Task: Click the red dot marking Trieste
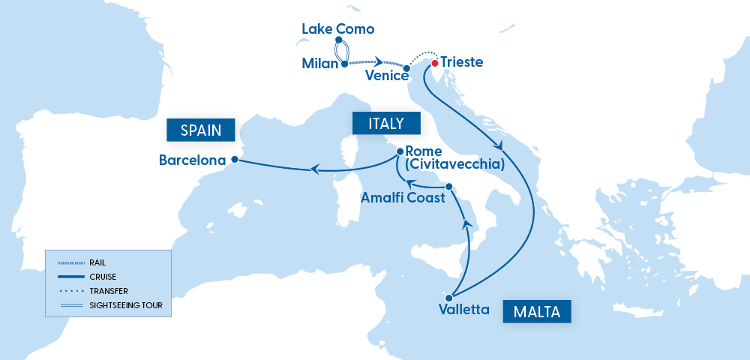coord(435,63)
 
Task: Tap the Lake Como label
coord(337,29)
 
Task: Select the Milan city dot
coord(344,64)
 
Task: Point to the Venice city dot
coord(406,69)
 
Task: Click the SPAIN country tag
coord(200,130)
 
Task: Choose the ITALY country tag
coord(387,124)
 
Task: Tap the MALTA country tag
coord(537,311)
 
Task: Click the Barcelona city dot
coord(235,159)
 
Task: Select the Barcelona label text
coord(193,160)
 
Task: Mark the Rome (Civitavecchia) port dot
coord(400,151)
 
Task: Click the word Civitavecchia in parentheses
coord(454,163)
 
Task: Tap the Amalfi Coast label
coord(403,198)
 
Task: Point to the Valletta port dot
coord(449,298)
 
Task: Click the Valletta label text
coord(465,309)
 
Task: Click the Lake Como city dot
coord(339,40)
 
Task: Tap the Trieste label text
coord(462,62)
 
